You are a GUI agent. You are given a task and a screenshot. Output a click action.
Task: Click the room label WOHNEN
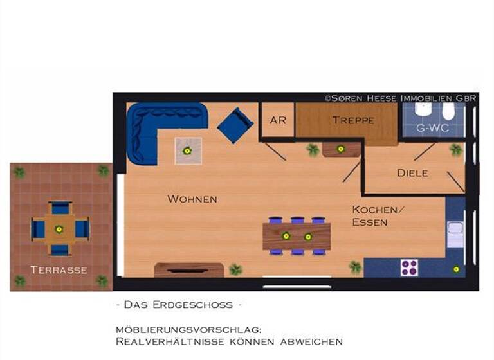[192, 199]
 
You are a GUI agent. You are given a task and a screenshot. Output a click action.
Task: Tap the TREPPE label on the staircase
[353, 120]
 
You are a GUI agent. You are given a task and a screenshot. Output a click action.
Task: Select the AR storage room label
[278, 120]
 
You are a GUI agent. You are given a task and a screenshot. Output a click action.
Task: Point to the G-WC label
[432, 128]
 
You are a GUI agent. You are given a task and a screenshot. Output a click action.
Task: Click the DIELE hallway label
[412, 173]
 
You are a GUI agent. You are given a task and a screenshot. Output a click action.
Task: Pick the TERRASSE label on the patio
[59, 269]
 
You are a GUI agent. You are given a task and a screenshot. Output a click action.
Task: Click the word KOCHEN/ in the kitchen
[379, 210]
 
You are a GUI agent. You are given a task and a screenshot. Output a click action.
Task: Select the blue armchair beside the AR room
[235, 125]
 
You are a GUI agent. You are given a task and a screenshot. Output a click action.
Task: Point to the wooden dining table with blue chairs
[297, 236]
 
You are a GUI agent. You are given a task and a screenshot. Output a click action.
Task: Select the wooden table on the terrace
[59, 229]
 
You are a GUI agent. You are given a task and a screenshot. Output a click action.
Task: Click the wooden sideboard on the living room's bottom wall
[189, 269]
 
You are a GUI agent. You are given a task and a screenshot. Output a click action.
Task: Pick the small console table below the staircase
[341, 149]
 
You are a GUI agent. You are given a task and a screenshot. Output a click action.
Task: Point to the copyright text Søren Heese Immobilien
[400, 98]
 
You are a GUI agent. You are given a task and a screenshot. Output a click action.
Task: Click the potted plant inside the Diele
[456, 150]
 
